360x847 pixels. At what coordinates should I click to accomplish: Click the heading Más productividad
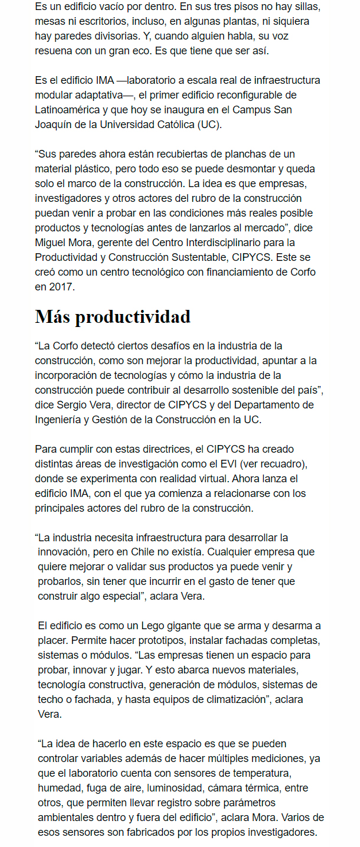click(113, 316)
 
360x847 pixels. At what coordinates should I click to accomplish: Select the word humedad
click(60, 788)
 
